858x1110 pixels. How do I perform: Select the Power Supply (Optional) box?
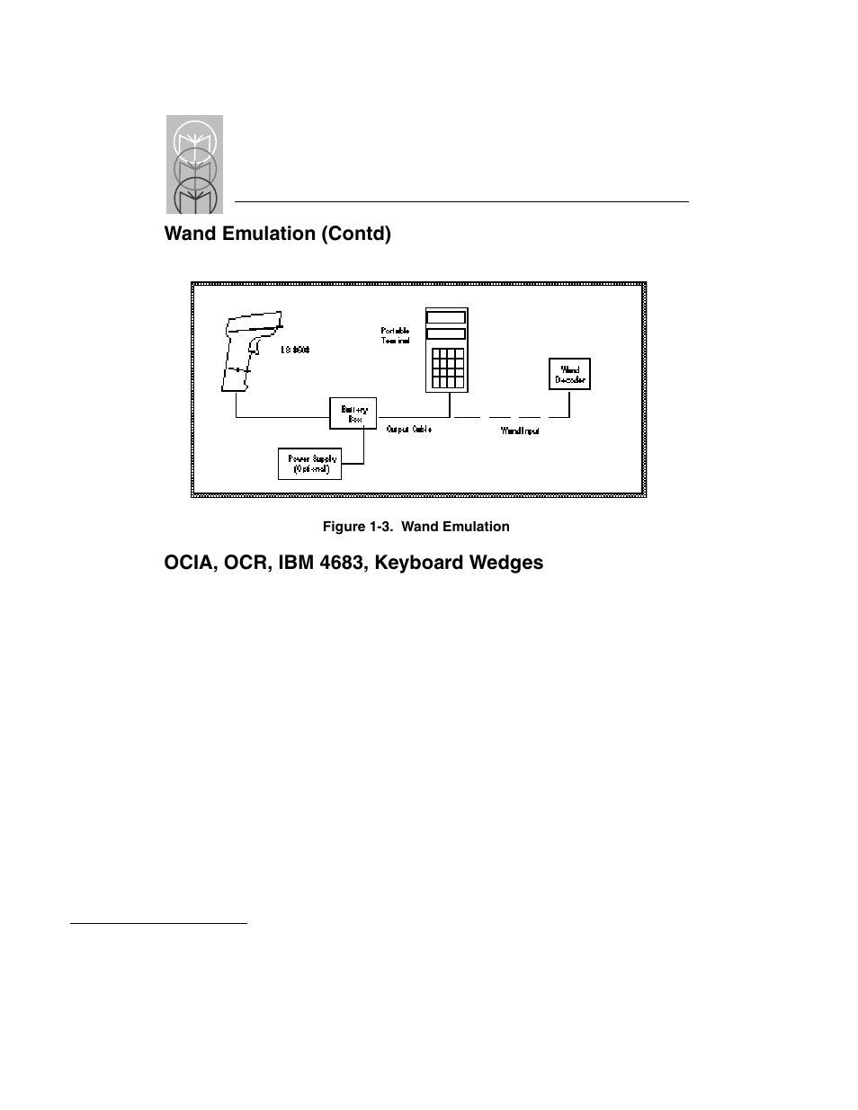tap(310, 464)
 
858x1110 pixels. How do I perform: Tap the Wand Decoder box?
tap(569, 374)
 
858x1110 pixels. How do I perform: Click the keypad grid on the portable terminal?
tap(447, 368)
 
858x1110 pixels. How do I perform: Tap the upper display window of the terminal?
tap(447, 317)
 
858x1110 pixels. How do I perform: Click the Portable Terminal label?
tap(395, 336)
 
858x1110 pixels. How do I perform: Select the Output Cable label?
tap(409, 430)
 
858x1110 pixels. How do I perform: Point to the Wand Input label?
tap(520, 431)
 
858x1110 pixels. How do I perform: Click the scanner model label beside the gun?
tap(294, 350)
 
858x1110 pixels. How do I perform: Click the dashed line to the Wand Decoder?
tap(504, 417)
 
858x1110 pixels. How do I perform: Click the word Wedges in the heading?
tap(510, 563)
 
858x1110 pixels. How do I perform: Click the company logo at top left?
tap(194, 164)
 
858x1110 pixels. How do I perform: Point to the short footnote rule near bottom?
tap(158, 922)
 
